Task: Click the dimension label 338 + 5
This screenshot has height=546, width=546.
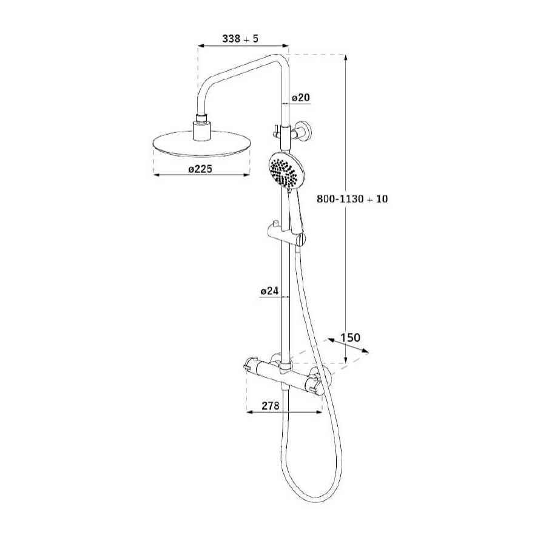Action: [x=240, y=38]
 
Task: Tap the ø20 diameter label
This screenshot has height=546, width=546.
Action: [x=301, y=98]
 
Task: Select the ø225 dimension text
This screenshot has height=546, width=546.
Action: [x=200, y=169]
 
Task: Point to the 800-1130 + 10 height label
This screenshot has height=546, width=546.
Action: [x=352, y=199]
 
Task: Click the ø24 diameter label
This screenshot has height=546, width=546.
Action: [x=270, y=291]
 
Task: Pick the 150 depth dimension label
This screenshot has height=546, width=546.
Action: [x=350, y=337]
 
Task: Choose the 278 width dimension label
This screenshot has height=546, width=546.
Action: [x=271, y=406]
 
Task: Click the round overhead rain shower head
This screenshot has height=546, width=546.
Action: [x=201, y=143]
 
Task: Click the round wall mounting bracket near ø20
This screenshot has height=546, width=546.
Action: [x=302, y=132]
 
